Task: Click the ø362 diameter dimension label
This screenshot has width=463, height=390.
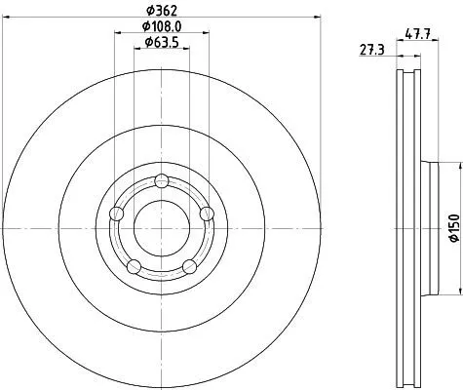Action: tap(162, 11)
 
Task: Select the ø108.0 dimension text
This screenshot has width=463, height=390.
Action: tap(162, 26)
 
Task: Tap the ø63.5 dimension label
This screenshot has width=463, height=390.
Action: tap(162, 42)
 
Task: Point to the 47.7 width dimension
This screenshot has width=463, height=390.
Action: tap(417, 34)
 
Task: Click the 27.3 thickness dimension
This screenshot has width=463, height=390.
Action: tap(372, 51)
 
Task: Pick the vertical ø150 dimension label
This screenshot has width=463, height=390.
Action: tap(454, 228)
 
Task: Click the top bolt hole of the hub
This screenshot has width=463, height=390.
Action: tap(162, 181)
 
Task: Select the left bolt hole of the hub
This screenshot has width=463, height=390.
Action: tap(117, 214)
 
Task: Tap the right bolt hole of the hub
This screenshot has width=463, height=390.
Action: tap(207, 214)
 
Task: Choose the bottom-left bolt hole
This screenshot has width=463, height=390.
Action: tap(134, 266)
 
